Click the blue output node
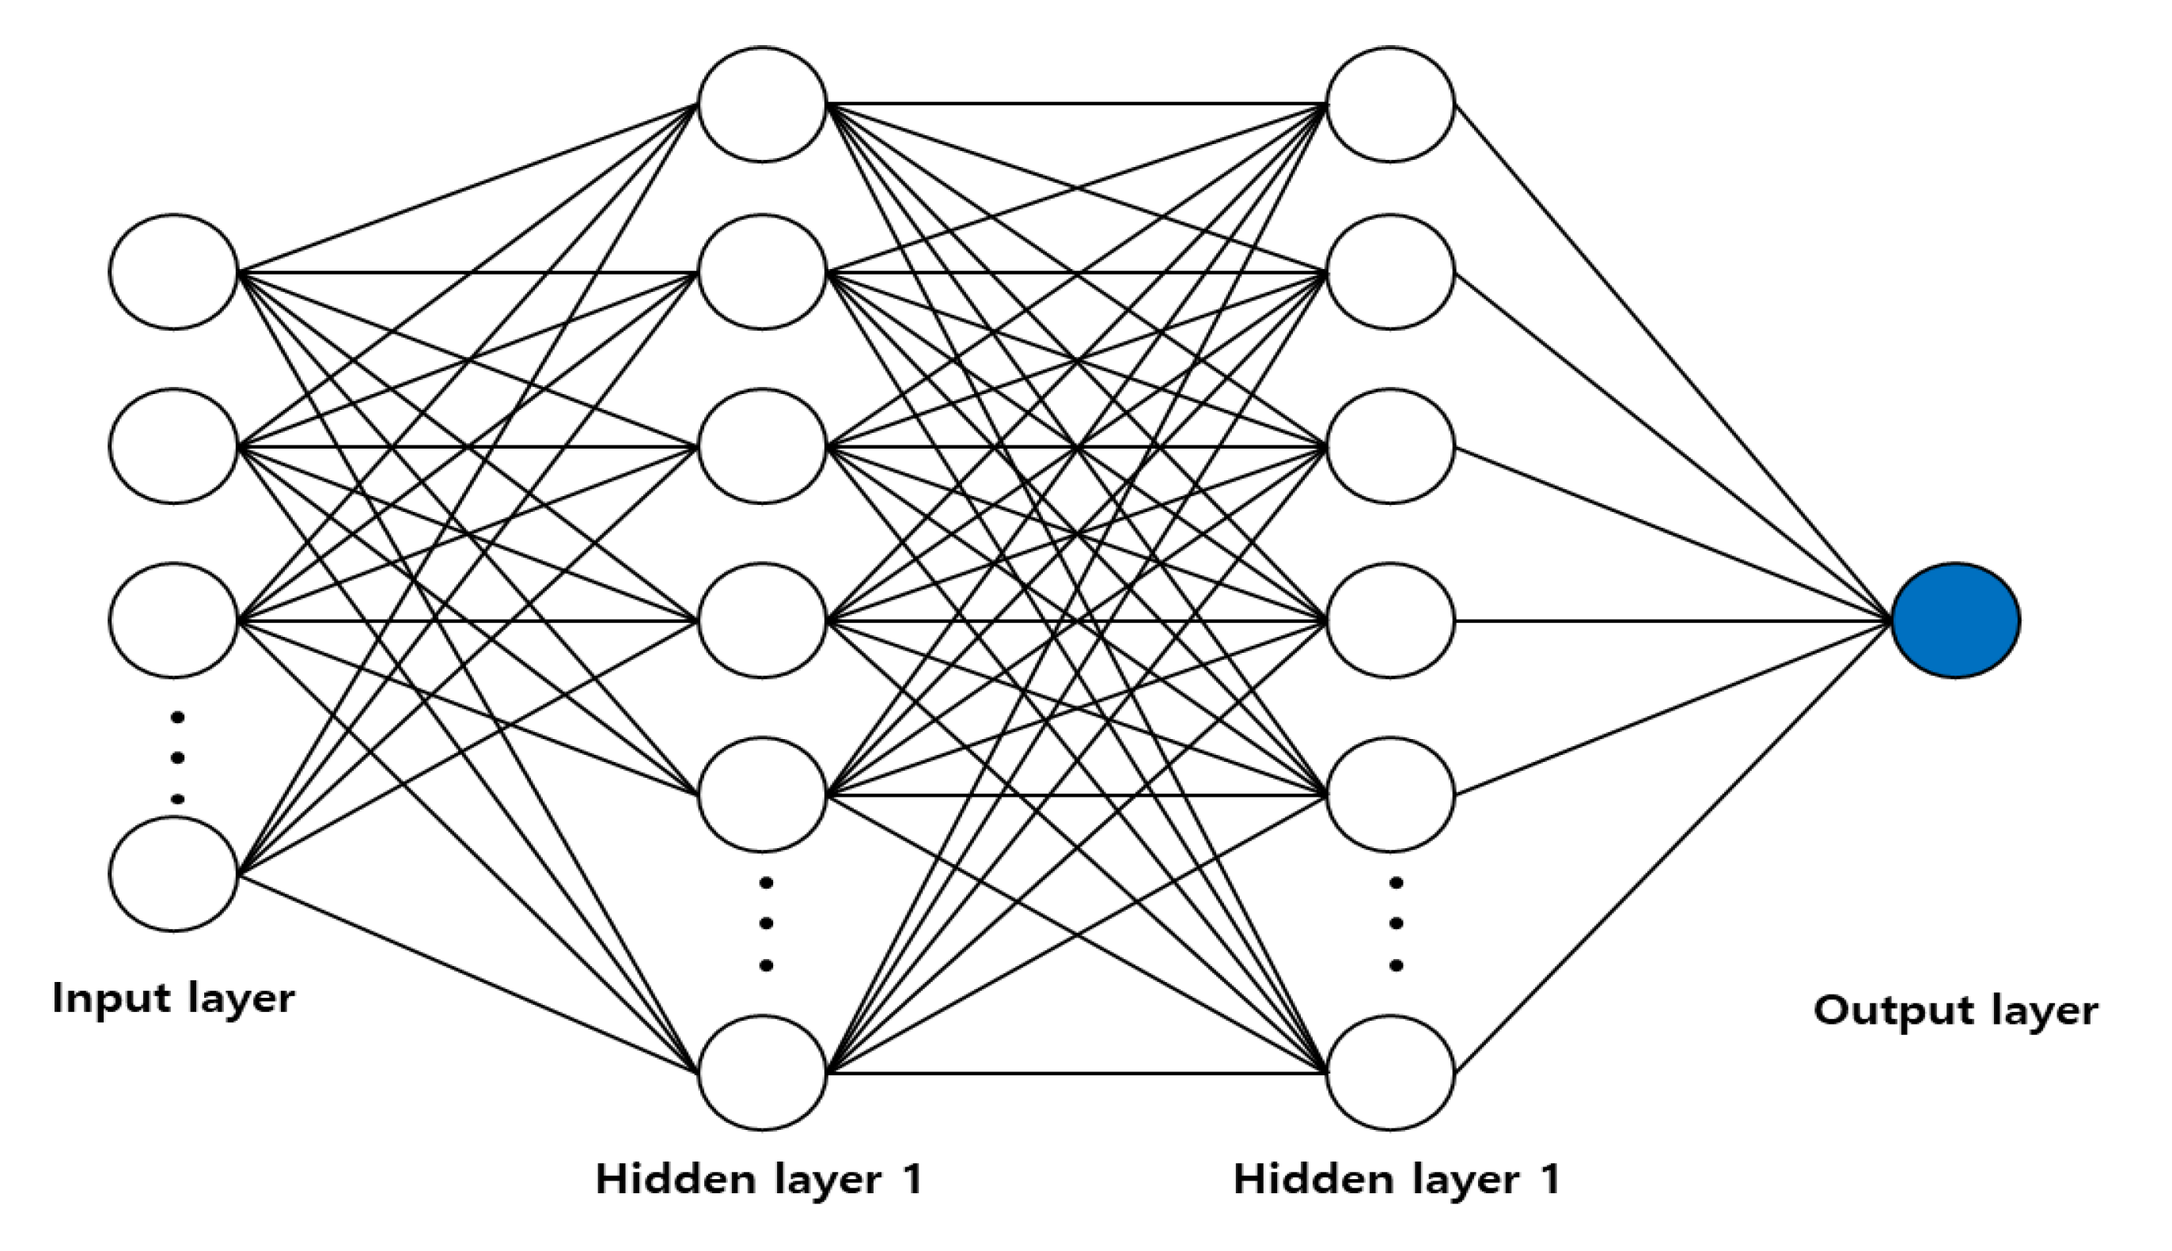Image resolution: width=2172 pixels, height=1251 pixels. tap(1955, 620)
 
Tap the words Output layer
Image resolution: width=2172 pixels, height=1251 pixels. tap(1955, 1010)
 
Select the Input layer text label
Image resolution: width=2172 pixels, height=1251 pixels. tap(173, 999)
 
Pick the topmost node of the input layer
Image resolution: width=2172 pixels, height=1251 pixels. tap(173, 271)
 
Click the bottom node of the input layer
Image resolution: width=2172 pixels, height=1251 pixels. tap(173, 873)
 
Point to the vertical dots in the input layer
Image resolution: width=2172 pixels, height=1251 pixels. tap(178, 758)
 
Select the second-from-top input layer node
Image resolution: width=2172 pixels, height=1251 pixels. tap(173, 446)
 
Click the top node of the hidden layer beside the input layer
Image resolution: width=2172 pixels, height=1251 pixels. tap(762, 104)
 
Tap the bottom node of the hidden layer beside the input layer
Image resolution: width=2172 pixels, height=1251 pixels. tap(762, 1072)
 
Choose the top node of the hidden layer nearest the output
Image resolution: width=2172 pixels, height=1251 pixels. tap(1390, 104)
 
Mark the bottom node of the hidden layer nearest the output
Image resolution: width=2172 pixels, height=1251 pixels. tap(1390, 1072)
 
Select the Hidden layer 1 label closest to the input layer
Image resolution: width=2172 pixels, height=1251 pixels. tap(759, 1180)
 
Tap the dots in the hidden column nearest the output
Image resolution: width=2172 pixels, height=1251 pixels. tap(1396, 923)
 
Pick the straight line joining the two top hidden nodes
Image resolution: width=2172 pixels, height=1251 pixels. tap(1074, 104)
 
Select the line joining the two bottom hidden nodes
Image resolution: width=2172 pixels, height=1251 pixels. tap(1074, 1073)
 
